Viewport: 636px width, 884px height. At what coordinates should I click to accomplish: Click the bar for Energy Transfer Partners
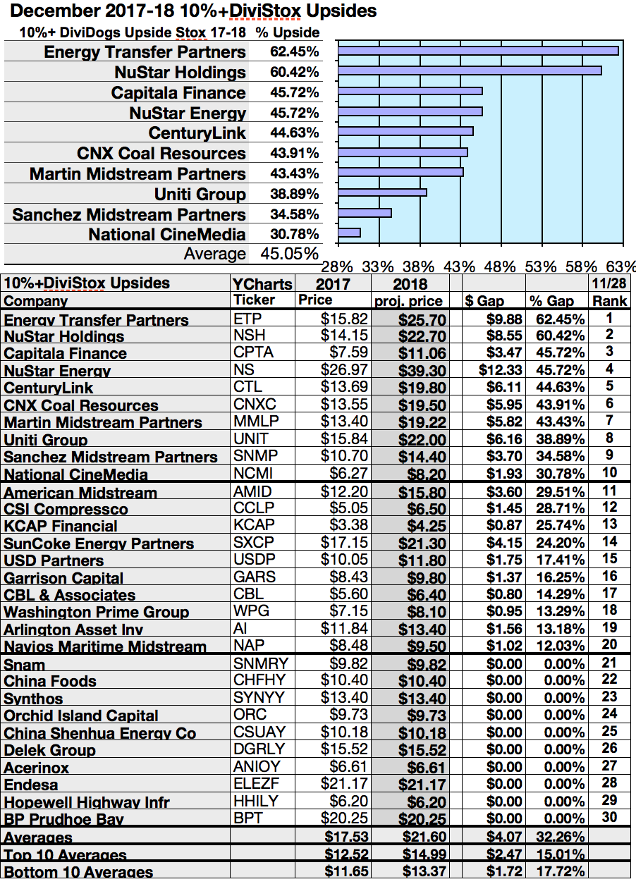(x=478, y=51)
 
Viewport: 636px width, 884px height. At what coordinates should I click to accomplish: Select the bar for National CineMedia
(x=350, y=233)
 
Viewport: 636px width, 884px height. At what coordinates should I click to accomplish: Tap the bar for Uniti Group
(x=383, y=192)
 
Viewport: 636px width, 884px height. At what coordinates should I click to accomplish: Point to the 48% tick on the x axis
(x=500, y=266)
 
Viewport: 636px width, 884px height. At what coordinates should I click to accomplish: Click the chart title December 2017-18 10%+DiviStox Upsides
(x=195, y=11)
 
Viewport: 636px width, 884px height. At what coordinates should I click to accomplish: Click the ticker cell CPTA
(x=252, y=352)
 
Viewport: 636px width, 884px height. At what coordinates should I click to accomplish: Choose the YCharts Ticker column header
(x=262, y=292)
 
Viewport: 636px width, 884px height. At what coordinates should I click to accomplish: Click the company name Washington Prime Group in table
(x=97, y=612)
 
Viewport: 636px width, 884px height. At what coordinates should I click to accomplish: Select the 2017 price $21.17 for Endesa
(x=341, y=783)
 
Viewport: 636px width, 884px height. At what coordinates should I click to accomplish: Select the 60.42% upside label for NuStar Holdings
(x=294, y=72)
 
